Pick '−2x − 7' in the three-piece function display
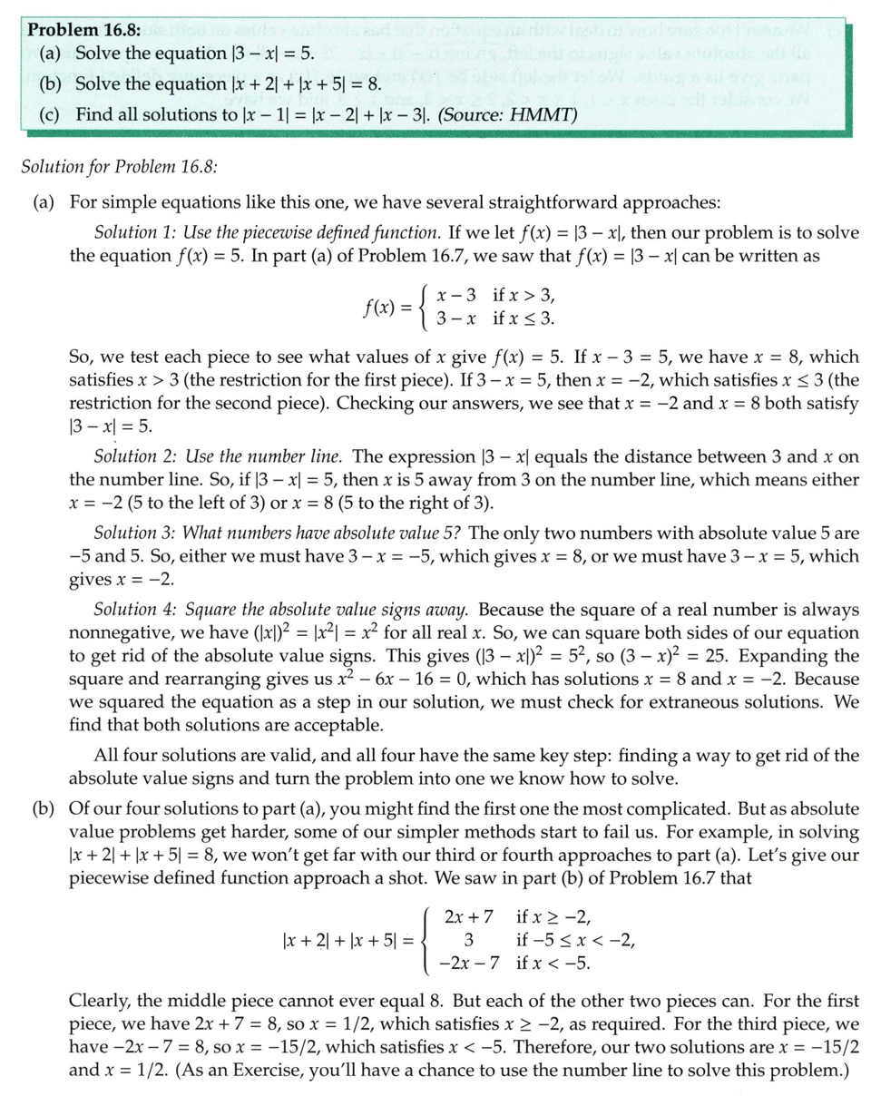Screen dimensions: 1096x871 pos(463,962)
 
